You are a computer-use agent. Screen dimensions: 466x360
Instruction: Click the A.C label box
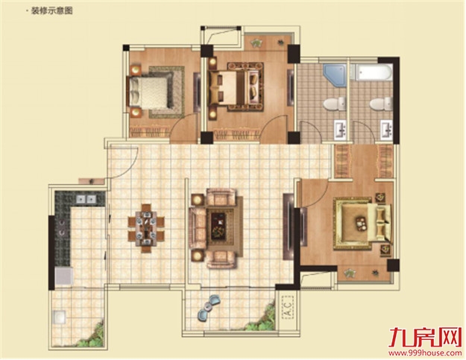point(287,307)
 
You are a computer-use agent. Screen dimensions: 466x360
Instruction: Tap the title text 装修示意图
point(51,11)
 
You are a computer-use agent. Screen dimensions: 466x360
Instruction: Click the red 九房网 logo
point(425,338)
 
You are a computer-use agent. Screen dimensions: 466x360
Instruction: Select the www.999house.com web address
point(425,353)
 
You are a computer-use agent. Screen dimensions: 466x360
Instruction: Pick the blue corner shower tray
point(335,75)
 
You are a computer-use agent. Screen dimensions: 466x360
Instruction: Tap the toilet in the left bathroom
point(335,104)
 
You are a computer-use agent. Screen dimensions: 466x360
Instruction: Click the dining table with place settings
point(146,228)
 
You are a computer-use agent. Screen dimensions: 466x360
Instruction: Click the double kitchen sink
point(86,199)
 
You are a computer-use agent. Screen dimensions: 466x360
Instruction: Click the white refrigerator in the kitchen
point(64,277)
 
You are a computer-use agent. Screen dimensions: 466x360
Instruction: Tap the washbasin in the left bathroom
point(341,130)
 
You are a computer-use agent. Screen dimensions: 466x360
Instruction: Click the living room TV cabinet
point(289,227)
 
